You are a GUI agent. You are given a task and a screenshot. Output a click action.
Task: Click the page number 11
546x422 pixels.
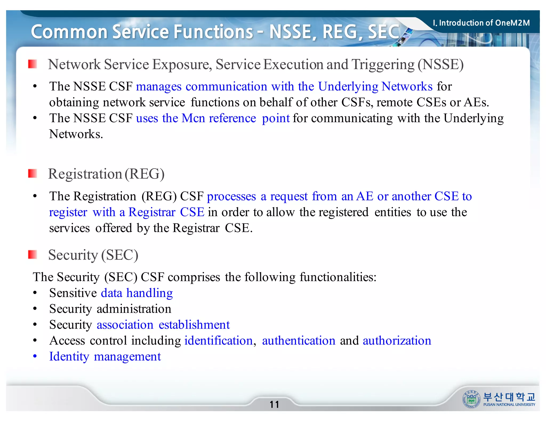[x=274, y=404]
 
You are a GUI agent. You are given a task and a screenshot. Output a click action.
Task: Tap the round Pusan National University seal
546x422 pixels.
[x=471, y=399]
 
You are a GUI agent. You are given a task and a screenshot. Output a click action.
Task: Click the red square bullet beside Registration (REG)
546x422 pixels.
[x=33, y=174]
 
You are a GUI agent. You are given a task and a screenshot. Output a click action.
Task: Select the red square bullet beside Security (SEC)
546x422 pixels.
[x=33, y=254]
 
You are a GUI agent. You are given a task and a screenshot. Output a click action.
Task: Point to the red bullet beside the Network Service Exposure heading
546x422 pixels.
[x=33, y=64]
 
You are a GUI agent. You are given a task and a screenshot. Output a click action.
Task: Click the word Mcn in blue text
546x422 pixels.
[x=193, y=118]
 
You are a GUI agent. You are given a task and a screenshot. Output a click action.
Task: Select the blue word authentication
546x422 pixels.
[x=299, y=341]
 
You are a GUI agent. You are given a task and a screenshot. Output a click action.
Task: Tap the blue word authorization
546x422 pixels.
[x=397, y=341]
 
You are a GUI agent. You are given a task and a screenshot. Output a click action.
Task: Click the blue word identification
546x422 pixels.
[x=219, y=341]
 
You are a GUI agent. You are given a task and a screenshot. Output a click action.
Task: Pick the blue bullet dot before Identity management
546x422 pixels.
[x=35, y=356]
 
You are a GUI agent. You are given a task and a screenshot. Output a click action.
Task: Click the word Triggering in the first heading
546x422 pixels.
[x=383, y=65]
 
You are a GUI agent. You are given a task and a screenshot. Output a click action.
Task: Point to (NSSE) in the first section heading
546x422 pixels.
[x=441, y=65]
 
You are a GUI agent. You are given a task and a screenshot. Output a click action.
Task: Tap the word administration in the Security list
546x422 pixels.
[x=134, y=309]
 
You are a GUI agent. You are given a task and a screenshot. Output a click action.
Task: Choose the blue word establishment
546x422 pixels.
[x=194, y=325]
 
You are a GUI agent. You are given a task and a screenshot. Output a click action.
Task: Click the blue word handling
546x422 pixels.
[x=150, y=293]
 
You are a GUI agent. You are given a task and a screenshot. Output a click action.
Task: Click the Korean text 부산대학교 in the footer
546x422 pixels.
[x=509, y=397]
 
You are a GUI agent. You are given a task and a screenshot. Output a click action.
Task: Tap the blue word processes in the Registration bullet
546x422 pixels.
[x=231, y=197]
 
